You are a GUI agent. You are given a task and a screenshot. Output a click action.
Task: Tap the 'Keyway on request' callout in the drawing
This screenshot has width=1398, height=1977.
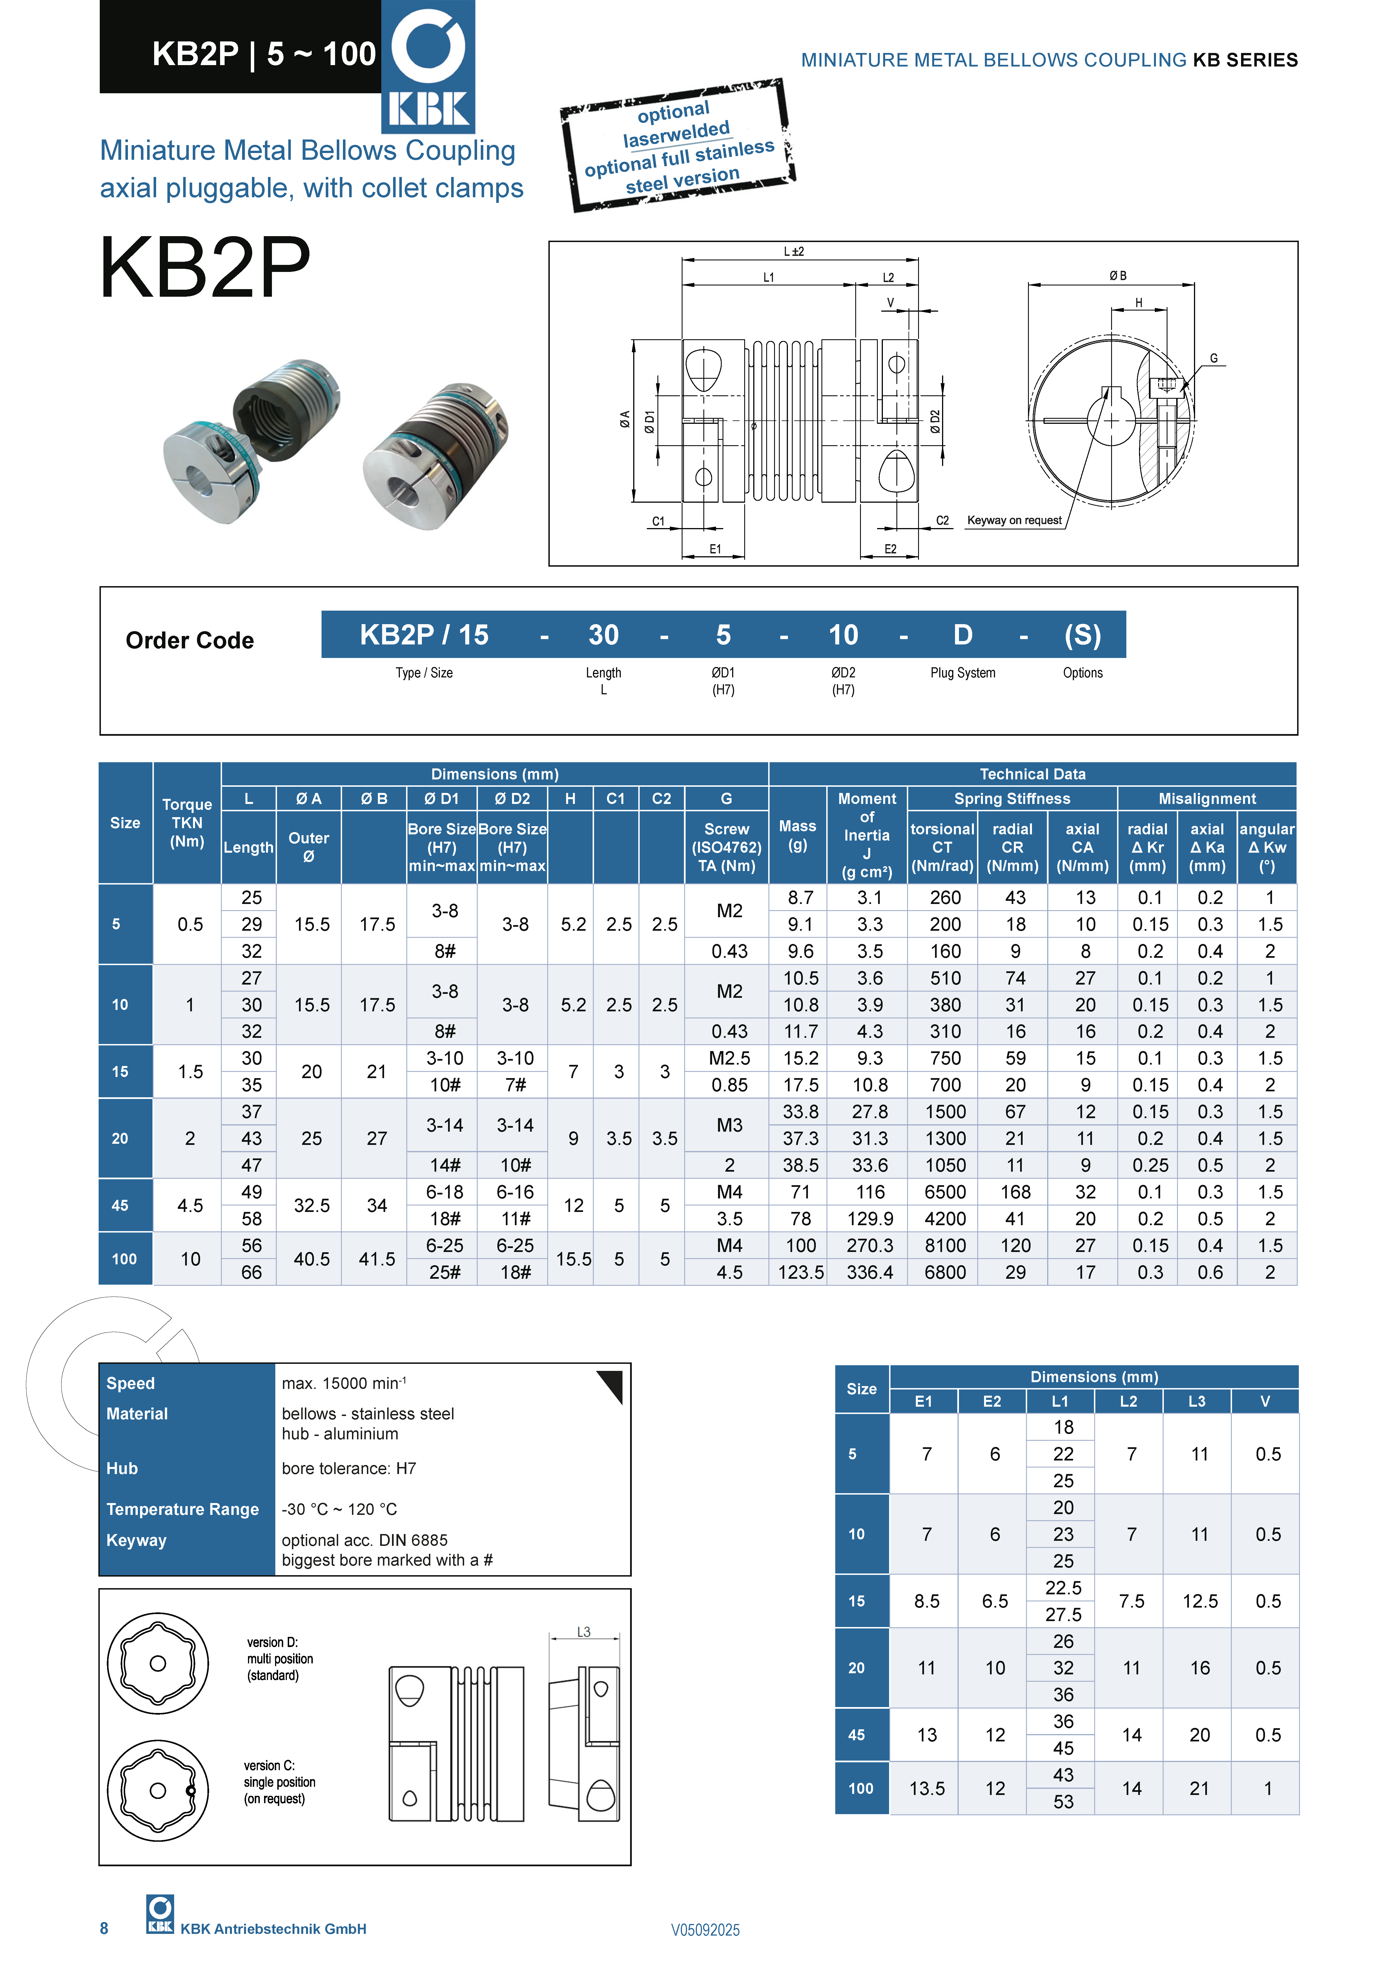tap(1014, 520)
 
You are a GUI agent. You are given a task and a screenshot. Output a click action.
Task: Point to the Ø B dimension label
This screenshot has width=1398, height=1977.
tap(1117, 276)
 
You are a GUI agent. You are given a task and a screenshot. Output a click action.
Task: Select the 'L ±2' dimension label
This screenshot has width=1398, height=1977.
tap(793, 251)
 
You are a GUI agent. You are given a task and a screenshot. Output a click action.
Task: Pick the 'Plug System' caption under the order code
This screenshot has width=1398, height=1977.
tap(962, 673)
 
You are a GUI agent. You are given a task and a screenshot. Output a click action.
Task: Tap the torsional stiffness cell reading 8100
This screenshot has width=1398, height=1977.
tap(945, 1245)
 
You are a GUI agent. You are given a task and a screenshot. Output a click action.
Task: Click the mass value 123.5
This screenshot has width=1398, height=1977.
tap(800, 1272)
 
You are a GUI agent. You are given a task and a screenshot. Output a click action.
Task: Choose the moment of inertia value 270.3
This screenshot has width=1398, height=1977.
tap(869, 1245)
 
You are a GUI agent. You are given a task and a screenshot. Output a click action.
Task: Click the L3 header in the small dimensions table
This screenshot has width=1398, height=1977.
tap(1197, 1401)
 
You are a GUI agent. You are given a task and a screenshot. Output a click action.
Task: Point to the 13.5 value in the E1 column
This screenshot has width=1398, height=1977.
tap(927, 1788)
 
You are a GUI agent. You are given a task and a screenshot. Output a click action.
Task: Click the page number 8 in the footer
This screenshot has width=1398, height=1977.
tap(104, 1928)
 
